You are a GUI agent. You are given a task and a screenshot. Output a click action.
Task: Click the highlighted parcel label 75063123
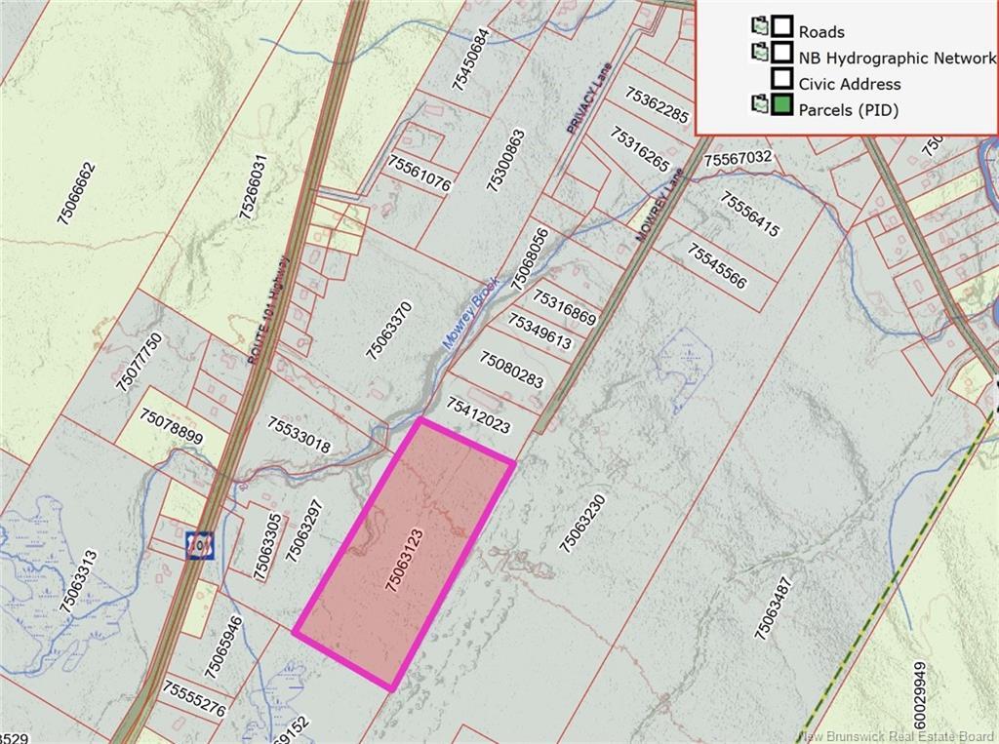click(x=404, y=556)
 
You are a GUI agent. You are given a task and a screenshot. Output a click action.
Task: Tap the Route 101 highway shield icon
click(x=199, y=543)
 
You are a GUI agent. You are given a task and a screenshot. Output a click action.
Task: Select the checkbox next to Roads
click(x=781, y=26)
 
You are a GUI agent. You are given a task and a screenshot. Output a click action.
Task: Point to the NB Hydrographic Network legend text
click(x=898, y=58)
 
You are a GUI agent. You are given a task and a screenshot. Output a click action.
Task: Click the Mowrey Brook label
click(x=472, y=311)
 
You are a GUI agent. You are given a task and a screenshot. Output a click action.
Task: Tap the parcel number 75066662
click(x=77, y=194)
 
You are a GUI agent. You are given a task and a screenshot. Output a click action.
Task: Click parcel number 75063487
click(x=773, y=608)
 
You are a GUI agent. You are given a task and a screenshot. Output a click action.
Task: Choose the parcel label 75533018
click(x=300, y=435)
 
